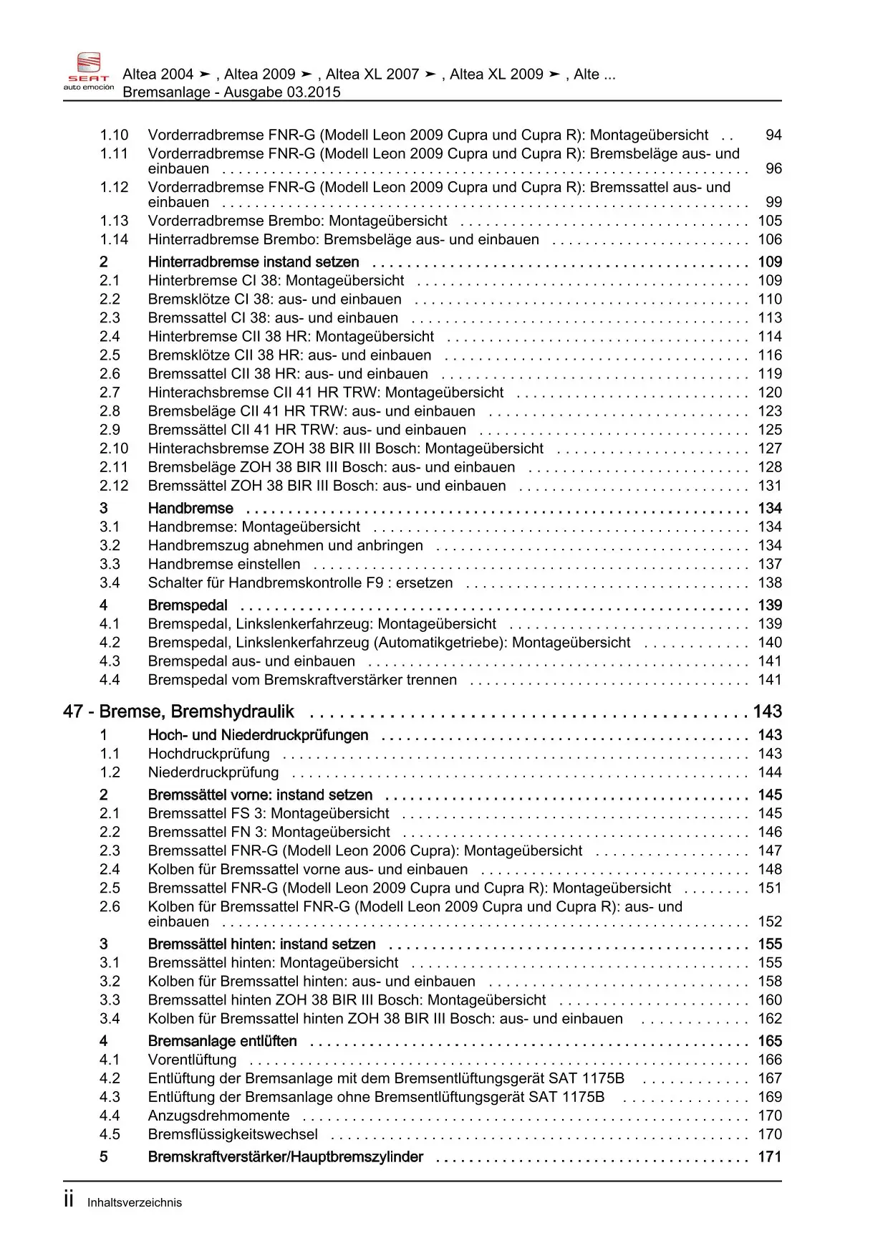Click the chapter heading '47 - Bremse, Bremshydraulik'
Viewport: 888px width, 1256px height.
click(178, 711)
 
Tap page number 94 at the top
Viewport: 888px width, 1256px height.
click(773, 135)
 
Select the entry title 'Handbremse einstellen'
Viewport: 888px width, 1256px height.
click(224, 564)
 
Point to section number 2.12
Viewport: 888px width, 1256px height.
click(114, 485)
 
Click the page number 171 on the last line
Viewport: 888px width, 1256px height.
click(770, 1156)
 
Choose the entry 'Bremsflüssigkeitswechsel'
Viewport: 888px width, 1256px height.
click(233, 1134)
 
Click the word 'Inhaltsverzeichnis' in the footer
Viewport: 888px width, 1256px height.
click(135, 1203)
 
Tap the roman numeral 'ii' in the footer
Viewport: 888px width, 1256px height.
click(69, 1201)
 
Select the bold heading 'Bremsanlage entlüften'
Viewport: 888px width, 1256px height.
click(222, 1041)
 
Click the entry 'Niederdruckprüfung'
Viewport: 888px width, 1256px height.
click(213, 772)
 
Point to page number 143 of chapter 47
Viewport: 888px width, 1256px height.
click(767, 711)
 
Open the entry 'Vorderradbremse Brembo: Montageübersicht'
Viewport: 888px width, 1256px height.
click(297, 221)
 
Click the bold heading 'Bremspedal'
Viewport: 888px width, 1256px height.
click(188, 605)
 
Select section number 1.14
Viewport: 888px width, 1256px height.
click(114, 239)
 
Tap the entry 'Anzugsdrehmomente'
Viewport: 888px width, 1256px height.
click(218, 1116)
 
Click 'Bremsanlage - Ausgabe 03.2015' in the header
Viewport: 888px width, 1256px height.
click(231, 92)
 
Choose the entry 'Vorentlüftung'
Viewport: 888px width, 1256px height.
click(192, 1060)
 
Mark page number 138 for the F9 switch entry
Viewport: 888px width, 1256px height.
click(770, 583)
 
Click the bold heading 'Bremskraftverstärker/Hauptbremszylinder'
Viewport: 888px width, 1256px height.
click(285, 1156)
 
